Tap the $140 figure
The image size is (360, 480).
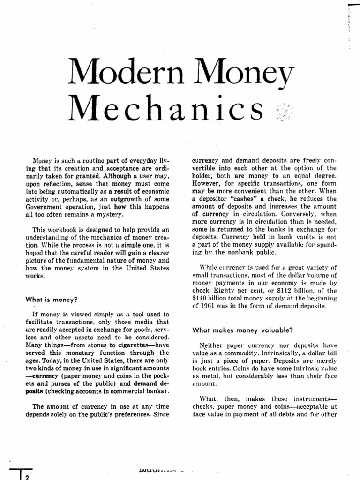coord(202,299)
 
